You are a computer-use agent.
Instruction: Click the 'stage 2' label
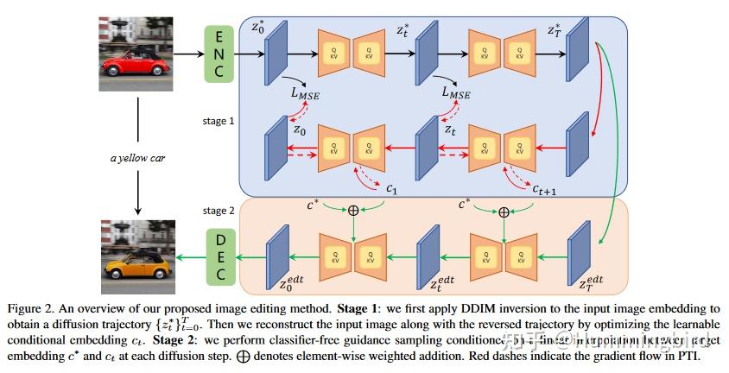pos(219,210)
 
